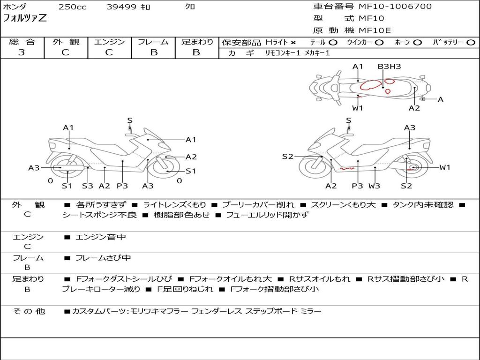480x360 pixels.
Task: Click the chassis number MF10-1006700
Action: pos(395,7)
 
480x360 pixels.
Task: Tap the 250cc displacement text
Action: pos(72,7)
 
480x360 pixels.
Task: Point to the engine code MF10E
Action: pos(375,31)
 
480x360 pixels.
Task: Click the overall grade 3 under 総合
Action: pos(22,52)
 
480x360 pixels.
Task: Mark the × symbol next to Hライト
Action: pos(293,43)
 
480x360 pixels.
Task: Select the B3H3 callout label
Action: pos(389,67)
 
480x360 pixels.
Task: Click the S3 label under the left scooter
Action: pos(88,186)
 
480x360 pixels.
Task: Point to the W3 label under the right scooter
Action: pos(374,186)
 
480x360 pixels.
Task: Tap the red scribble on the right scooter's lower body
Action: pos(347,167)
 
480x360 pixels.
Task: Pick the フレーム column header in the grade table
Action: pos(153,42)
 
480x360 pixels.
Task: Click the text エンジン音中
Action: pos(101,237)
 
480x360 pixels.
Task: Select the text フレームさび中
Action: pos(103,258)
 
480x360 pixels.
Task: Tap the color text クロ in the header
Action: pos(190,7)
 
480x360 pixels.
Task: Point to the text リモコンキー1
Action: pos(283,53)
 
